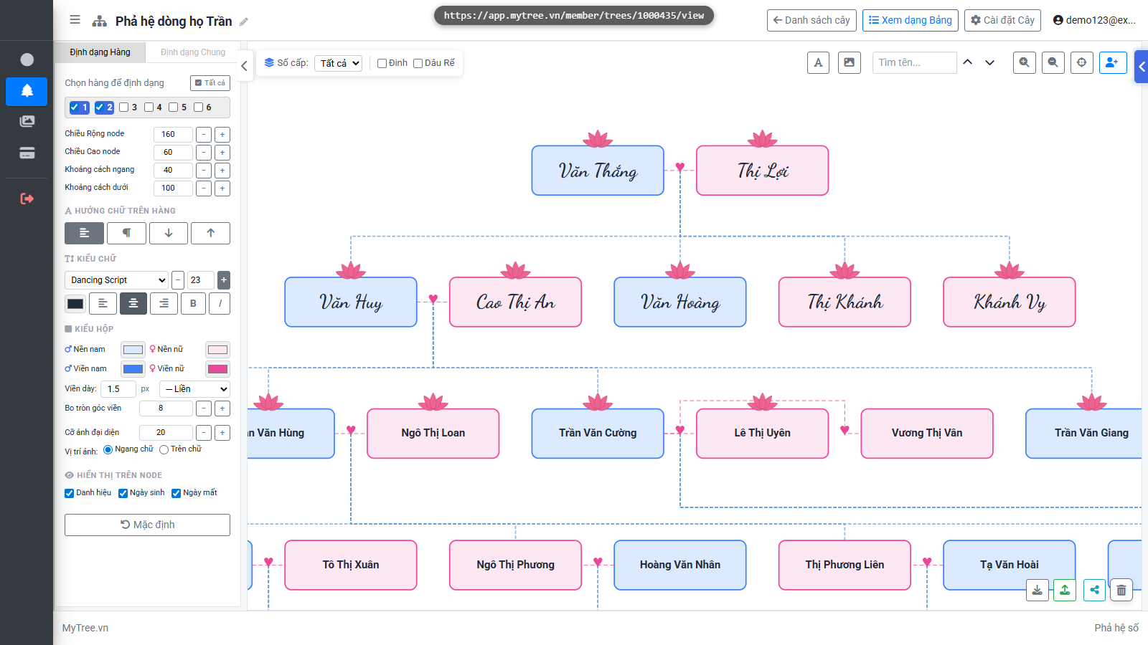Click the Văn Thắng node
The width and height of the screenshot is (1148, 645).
pos(598,171)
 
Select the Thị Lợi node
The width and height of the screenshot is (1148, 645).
pos(762,171)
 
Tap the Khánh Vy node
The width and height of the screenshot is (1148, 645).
pos(1009,302)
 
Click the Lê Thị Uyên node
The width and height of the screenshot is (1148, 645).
pos(762,433)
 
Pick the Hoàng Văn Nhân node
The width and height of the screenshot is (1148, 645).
pos(679,565)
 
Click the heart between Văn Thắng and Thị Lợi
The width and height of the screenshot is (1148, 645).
pos(680,167)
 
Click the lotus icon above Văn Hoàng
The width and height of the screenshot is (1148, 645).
pos(680,270)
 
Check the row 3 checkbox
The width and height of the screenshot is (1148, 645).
pos(123,107)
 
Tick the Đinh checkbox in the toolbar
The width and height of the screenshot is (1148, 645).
pos(382,63)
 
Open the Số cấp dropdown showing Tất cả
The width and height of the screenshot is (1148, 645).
pos(338,63)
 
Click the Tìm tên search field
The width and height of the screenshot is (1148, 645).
pos(914,62)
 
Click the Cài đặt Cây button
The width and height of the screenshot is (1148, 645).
pos(1002,21)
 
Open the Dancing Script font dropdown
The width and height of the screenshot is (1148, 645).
pos(116,280)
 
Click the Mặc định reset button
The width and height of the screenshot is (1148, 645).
pos(147,525)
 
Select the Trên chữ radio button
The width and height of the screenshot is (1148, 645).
pos(164,449)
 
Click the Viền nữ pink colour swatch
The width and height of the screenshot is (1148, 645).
pos(217,369)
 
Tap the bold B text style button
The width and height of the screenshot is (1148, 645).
pos(193,304)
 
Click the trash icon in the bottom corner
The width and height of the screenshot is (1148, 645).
pos(1121,591)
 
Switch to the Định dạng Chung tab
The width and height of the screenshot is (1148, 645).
pos(193,52)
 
